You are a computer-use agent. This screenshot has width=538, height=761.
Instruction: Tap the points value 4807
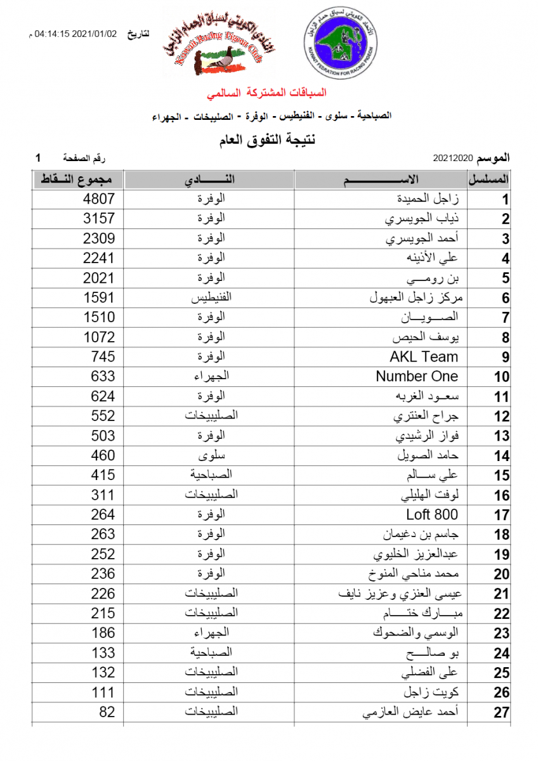[x=99, y=199]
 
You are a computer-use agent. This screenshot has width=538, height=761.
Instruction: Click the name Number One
[x=416, y=376]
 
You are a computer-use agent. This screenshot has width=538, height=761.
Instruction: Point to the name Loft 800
[x=431, y=514]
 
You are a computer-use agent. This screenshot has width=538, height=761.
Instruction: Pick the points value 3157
[x=99, y=219]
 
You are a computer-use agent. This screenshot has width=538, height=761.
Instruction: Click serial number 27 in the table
[x=502, y=712]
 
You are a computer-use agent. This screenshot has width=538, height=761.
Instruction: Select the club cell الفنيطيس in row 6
[x=209, y=297]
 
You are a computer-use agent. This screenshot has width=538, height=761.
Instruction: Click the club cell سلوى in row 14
[x=209, y=455]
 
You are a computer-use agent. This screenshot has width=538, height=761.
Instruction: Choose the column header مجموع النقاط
[x=78, y=179]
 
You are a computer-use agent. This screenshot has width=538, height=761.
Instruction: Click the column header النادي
[x=209, y=179]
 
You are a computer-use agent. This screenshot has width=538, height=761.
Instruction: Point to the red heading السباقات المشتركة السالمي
[x=266, y=93]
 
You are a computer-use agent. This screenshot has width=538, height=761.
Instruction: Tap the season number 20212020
[x=453, y=157]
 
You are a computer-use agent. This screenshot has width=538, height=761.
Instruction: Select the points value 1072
[x=99, y=337]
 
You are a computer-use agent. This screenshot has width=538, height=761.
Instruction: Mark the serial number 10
[x=502, y=377]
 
